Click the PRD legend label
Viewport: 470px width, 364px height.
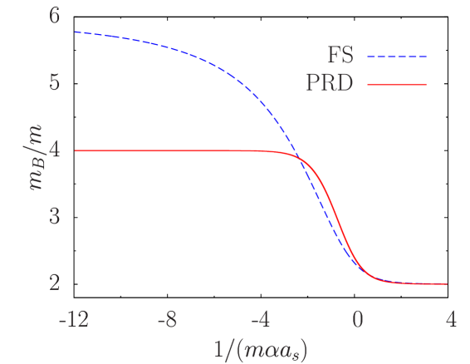pos(329,85)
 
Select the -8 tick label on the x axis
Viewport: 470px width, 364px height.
pos(168,320)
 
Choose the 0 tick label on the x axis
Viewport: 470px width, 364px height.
pos(357,320)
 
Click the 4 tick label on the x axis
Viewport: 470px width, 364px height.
pos(451,320)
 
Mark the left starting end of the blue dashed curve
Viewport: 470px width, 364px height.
pos(75,32)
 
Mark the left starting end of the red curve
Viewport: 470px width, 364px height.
pos(75,150)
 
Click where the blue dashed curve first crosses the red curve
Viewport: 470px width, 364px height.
pos(300,156)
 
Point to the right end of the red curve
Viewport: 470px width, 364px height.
pos(448,283)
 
